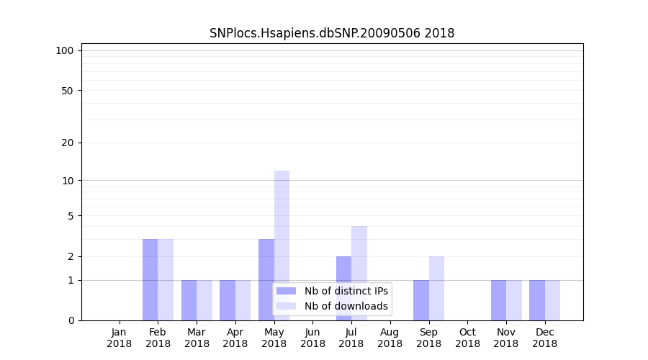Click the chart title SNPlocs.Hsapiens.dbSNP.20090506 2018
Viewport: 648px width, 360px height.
[332, 33]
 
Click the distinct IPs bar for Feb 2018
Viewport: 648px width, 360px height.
[150, 279]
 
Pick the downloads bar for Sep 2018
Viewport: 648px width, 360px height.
[436, 288]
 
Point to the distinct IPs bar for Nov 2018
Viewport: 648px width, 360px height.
[498, 300]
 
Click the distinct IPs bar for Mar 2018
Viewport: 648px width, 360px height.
[189, 300]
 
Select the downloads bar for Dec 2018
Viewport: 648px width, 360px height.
[552, 300]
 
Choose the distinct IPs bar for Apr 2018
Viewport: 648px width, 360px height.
[228, 300]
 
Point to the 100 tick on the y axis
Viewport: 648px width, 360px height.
[65, 50]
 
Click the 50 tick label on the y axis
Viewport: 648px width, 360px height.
[67, 91]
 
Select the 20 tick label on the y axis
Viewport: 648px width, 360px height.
[67, 143]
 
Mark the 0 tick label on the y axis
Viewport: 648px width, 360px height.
[71, 320]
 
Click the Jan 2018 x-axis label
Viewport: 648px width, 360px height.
[120, 338]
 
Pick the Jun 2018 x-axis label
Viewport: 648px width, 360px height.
[312, 338]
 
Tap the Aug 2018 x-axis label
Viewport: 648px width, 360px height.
[390, 338]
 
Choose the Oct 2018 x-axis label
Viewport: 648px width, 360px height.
[467, 338]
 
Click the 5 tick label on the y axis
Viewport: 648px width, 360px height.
[71, 216]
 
